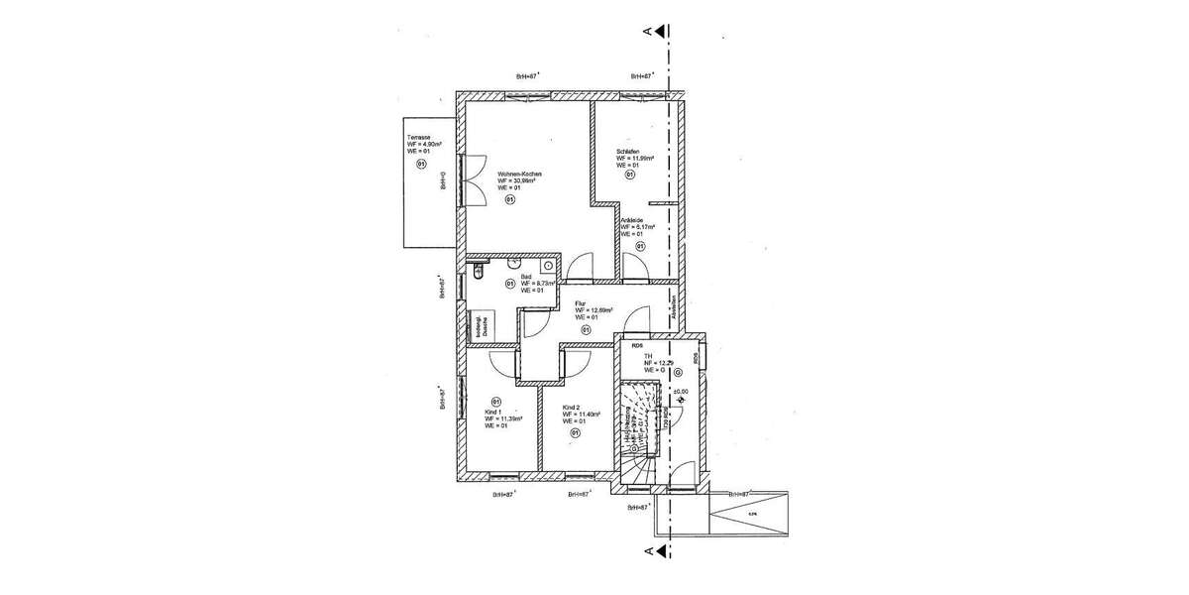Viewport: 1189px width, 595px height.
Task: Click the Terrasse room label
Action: pyautogui.click(x=419, y=137)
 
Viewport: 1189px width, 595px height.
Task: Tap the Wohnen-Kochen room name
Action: pyautogui.click(x=518, y=174)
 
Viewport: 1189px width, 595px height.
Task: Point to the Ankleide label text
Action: pyautogui.click(x=632, y=220)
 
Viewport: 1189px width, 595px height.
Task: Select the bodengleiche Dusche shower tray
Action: pyautogui.click(x=475, y=325)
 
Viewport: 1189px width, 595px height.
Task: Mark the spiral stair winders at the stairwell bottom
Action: pyautogui.click(x=635, y=466)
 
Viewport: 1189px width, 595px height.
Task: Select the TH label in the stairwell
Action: pyautogui.click(x=647, y=356)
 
